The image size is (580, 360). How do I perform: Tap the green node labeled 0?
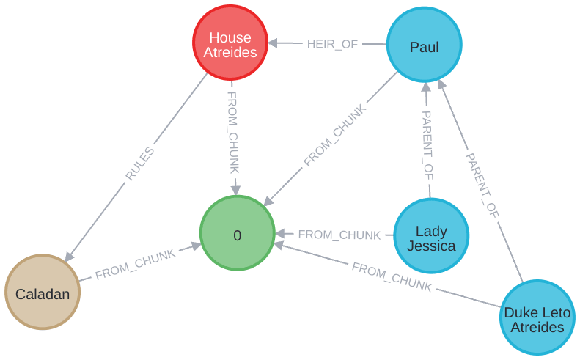tap(236, 235)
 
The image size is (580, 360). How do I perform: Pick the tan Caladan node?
tap(43, 293)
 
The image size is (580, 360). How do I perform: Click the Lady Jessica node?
tap(431, 235)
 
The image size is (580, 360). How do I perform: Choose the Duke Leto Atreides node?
tap(537, 317)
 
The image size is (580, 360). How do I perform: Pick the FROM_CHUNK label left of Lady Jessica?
tap(339, 235)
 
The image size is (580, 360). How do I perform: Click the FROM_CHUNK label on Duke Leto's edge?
tap(391, 277)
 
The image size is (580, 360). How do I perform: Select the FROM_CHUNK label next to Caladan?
tap(135, 264)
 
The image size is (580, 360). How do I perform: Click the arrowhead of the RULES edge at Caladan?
tap(68, 257)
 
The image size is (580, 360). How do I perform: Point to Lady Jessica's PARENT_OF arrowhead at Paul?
tap(426, 88)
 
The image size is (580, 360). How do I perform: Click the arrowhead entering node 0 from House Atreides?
tap(235, 191)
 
